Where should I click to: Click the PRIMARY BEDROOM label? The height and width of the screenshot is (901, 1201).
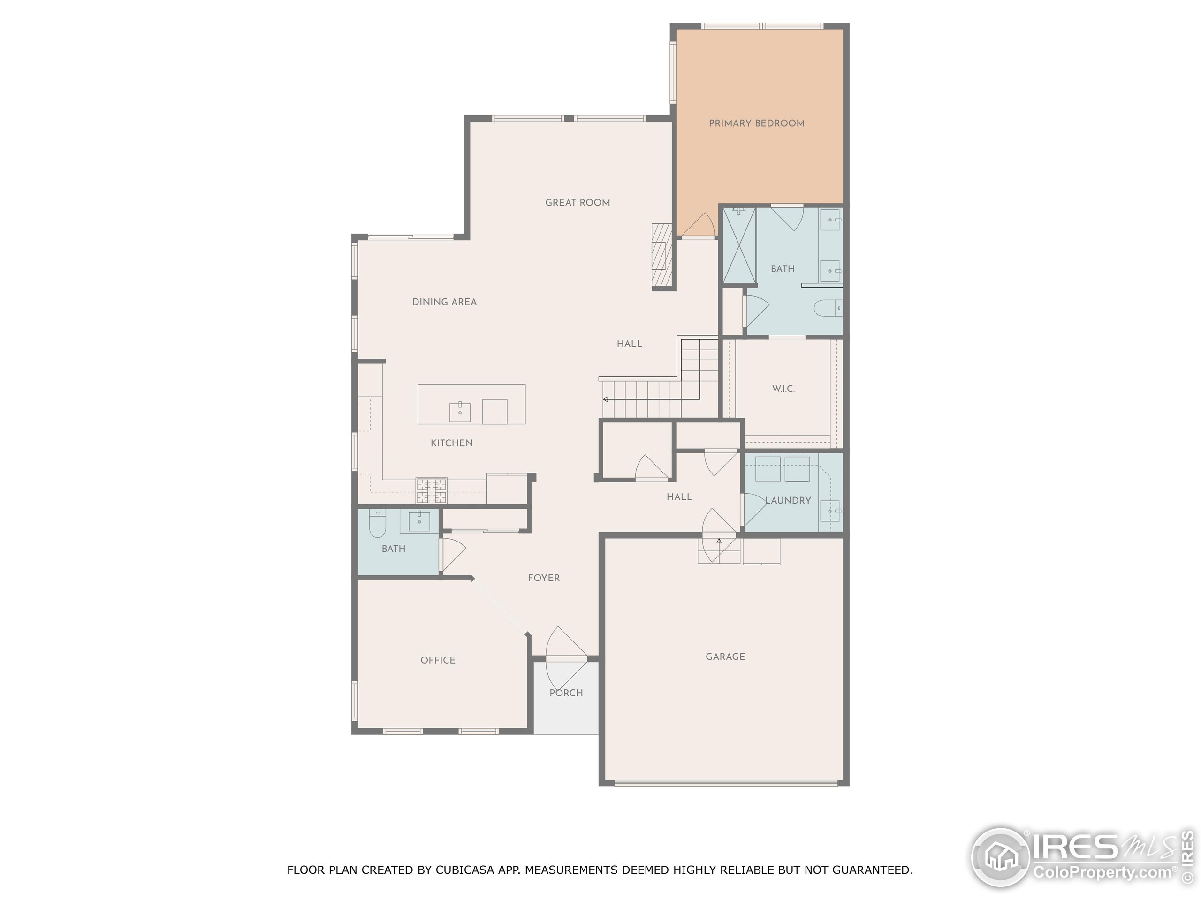[756, 123]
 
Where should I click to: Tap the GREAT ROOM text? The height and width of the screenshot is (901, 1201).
[577, 203]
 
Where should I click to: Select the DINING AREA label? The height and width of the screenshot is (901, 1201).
[444, 302]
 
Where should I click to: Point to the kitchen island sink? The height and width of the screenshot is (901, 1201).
[459, 412]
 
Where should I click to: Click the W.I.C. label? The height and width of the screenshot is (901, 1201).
[783, 389]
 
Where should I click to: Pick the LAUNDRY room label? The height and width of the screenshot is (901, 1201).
[787, 501]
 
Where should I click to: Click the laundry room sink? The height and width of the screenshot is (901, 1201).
[829, 511]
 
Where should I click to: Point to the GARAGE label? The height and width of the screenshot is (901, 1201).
[725, 657]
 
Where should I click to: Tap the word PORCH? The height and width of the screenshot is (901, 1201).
[566, 693]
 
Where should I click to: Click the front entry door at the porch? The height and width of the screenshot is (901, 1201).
[566, 658]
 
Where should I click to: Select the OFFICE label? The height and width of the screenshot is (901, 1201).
[438, 660]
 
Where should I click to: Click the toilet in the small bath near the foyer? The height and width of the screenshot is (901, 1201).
[377, 524]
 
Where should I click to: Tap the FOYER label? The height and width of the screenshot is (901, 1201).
[543, 578]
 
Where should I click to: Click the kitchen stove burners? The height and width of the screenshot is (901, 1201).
[431, 490]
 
